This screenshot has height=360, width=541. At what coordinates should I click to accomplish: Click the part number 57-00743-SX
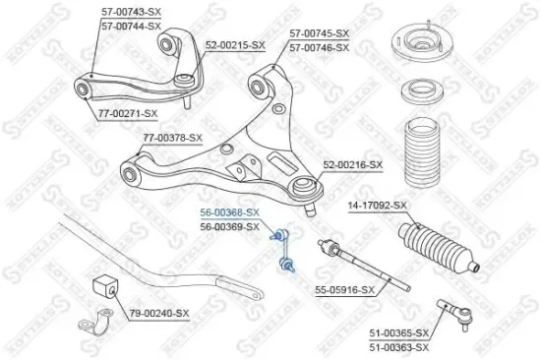tap(131, 12)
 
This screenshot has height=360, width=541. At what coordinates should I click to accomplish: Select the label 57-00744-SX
tap(131, 26)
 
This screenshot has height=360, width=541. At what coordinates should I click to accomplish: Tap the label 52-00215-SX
tap(235, 45)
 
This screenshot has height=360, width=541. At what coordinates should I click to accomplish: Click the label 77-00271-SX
tap(130, 112)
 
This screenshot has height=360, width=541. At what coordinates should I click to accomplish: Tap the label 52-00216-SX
tap(353, 164)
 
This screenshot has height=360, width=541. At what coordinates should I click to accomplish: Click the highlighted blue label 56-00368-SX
tap(229, 212)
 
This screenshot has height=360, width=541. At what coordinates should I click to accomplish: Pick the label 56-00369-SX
tap(229, 226)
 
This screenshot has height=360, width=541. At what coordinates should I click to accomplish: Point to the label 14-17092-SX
tap(377, 205)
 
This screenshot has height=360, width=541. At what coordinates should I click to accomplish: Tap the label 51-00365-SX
tap(399, 334)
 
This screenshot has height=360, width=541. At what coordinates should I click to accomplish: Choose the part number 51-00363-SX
tap(399, 347)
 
